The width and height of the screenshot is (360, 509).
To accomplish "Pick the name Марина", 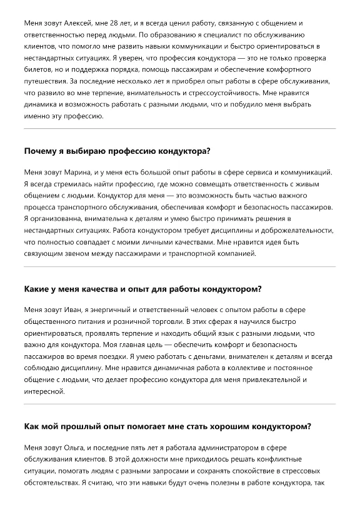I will tap(74, 172).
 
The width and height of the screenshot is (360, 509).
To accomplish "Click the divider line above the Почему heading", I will tap(179, 129).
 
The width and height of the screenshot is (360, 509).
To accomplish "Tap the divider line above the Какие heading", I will tap(179, 267).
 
